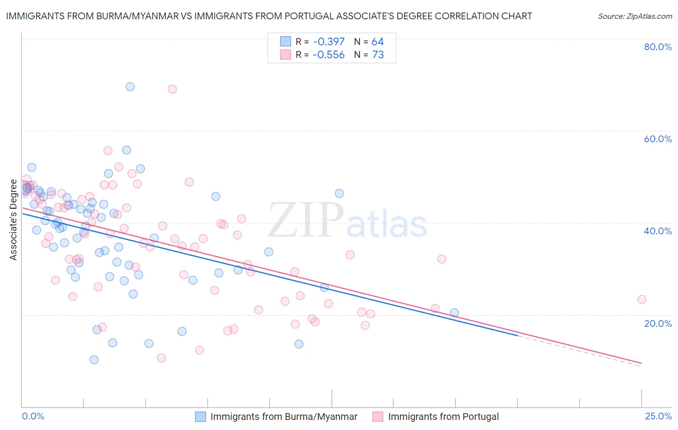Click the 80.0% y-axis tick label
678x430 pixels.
[658, 47]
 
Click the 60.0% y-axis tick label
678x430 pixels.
[658, 139]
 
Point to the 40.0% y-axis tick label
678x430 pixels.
[658, 231]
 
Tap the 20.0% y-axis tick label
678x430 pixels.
[658, 323]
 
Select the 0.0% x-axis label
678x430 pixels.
[33, 416]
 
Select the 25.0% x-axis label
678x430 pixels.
[658, 416]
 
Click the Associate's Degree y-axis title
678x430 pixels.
[14, 220]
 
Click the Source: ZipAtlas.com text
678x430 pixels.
[635, 16]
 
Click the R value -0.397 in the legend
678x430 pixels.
[328, 42]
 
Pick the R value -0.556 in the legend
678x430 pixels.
[328, 55]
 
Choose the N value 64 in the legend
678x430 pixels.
[378, 42]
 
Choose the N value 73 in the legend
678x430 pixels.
[378, 55]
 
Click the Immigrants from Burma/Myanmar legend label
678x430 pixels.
[284, 417]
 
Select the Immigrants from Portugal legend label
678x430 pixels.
[443, 417]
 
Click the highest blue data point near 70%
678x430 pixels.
[130, 87]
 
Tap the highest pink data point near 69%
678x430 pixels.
[172, 89]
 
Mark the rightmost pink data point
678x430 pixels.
[642, 299]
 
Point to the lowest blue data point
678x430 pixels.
[94, 360]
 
